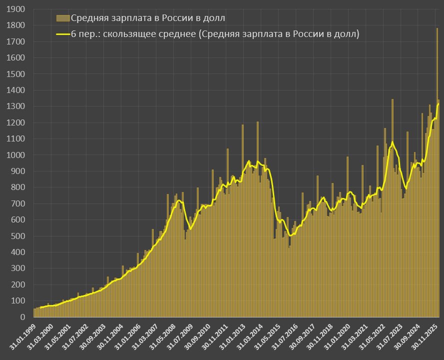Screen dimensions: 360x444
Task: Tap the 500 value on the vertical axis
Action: (18, 236)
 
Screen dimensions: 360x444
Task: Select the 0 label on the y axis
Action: (22, 317)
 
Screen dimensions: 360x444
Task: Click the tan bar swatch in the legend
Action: (62, 18)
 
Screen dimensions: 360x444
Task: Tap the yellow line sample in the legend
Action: (62, 34)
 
